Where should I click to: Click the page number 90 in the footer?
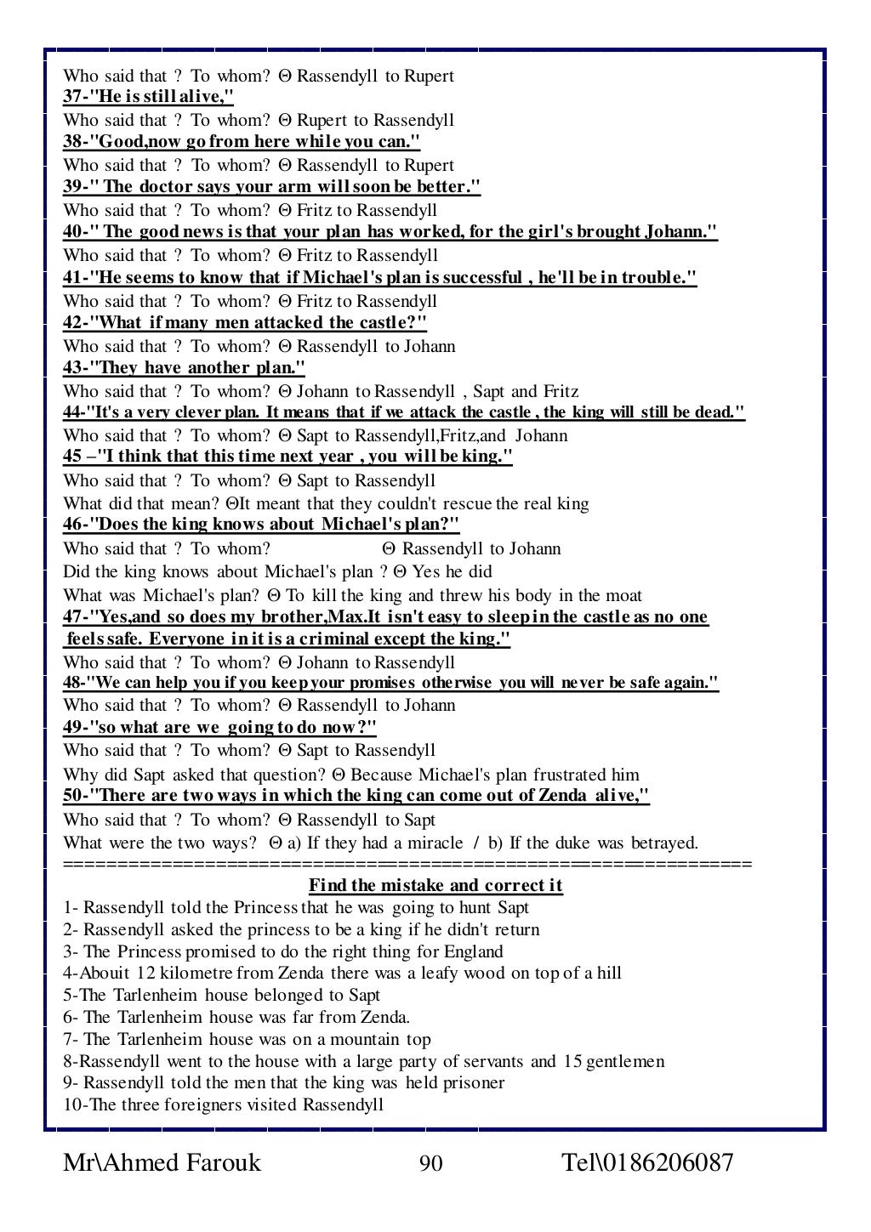click(x=431, y=1163)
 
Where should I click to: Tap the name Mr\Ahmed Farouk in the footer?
click(x=162, y=1163)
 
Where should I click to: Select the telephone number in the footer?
click(x=647, y=1163)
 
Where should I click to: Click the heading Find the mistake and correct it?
click(x=435, y=886)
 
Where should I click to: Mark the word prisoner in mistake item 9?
click(x=473, y=1083)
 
